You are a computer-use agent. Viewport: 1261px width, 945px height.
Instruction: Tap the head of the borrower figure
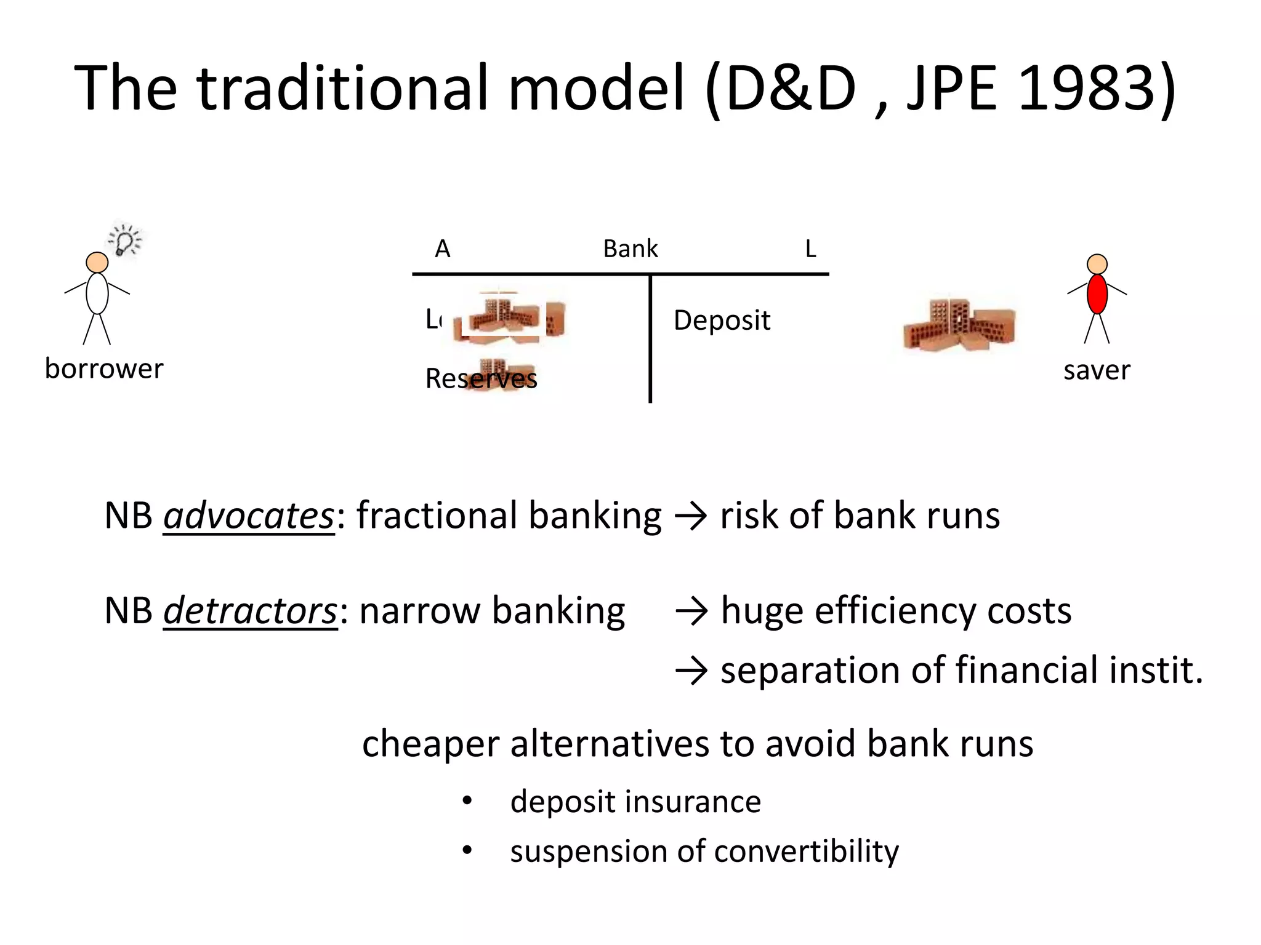[x=97, y=263]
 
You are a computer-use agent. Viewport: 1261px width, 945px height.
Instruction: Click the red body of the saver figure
[x=1097, y=294]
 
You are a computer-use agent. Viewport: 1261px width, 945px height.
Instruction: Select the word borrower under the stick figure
[x=104, y=369]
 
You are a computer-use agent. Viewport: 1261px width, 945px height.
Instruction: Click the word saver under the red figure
[x=1097, y=370]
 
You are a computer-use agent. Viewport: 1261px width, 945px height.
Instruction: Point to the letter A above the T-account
[x=443, y=249]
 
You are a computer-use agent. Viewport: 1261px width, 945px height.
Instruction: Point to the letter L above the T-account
[x=810, y=249]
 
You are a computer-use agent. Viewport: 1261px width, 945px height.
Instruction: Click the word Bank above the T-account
[x=630, y=249]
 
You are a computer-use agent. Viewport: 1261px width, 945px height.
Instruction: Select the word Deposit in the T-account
[x=722, y=321]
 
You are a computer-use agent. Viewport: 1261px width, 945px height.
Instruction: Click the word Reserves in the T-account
[x=481, y=378]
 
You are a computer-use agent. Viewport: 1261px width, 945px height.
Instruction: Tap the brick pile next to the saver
[x=958, y=326]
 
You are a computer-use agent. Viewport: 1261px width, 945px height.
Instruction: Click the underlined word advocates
[x=248, y=516]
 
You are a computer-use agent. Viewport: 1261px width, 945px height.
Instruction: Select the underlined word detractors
[x=250, y=611]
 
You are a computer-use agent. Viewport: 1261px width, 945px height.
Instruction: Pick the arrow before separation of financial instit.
[x=691, y=671]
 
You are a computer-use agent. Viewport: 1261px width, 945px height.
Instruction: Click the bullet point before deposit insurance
[x=467, y=800]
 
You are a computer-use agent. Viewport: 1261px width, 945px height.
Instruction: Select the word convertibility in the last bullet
[x=806, y=851]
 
